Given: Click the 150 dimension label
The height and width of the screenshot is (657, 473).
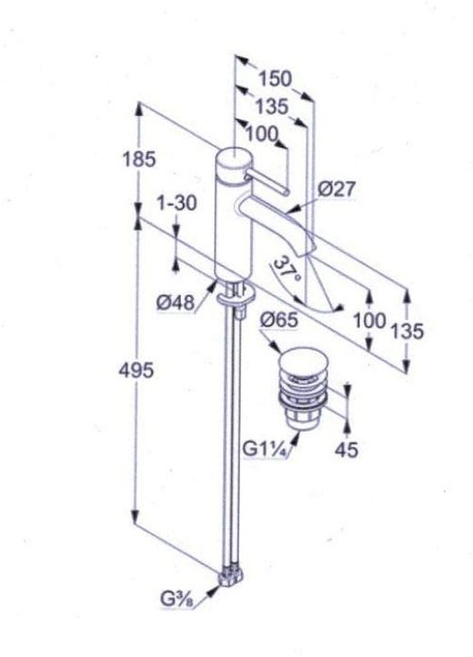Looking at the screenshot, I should (275, 79).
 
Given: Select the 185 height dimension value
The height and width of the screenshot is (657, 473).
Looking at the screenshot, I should (139, 159).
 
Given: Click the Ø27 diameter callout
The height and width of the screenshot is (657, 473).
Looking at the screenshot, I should (337, 189).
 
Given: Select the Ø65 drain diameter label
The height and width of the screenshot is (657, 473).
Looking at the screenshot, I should (278, 319).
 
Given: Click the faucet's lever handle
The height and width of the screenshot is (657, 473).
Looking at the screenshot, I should (263, 177).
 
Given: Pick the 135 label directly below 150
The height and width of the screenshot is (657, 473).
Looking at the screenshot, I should (270, 107).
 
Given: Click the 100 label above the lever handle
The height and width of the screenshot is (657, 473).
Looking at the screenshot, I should (262, 134).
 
